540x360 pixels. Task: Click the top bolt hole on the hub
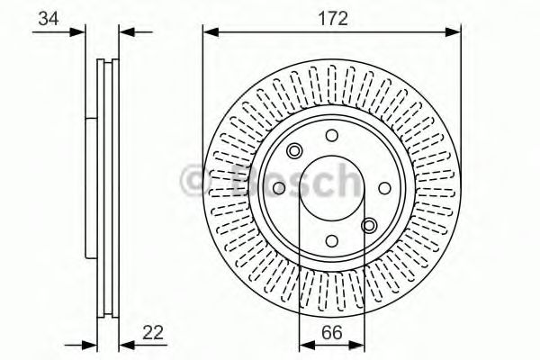(x=331, y=135)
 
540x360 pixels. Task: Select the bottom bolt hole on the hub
(x=331, y=241)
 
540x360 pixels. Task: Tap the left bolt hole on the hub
(x=278, y=188)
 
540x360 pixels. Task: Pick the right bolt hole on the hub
(x=384, y=188)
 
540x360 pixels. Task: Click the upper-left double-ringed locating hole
(x=294, y=151)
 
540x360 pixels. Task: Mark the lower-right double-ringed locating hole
(x=369, y=225)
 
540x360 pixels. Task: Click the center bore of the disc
(x=331, y=188)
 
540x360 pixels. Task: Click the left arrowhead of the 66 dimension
(x=303, y=344)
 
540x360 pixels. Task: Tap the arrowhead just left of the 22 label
(x=124, y=344)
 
